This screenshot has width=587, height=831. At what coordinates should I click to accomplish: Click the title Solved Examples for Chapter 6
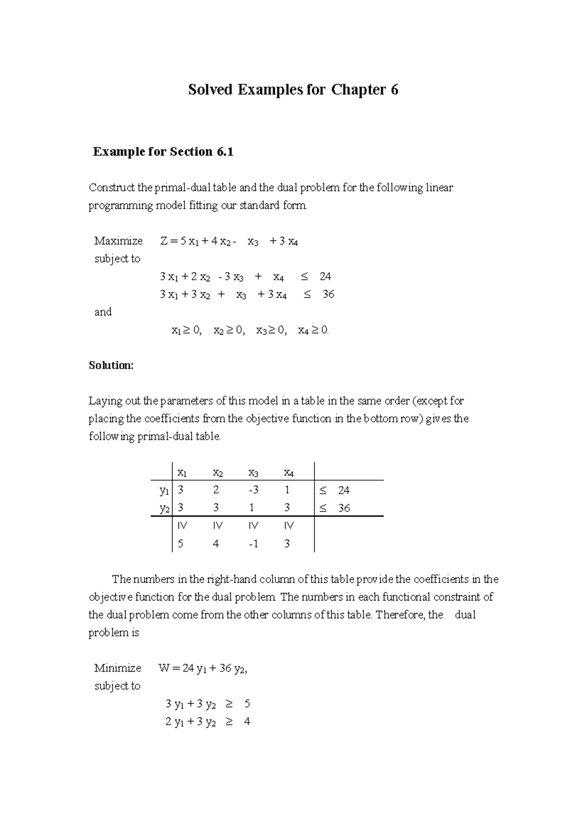(x=293, y=90)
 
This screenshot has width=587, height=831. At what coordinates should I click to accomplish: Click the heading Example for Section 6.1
(x=163, y=152)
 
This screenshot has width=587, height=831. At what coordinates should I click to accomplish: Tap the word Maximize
(x=118, y=241)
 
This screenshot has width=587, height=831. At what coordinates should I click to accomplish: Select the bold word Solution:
(x=111, y=365)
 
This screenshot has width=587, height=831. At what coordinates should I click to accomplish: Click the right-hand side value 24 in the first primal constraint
(x=325, y=277)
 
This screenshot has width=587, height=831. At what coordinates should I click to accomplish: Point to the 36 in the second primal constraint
(x=328, y=294)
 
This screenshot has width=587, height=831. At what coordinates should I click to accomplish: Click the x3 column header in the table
(x=253, y=473)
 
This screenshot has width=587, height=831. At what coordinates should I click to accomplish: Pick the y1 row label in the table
(x=164, y=490)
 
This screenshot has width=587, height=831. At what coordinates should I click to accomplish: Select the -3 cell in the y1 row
(x=253, y=490)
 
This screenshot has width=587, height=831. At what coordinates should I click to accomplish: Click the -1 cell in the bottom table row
(x=253, y=544)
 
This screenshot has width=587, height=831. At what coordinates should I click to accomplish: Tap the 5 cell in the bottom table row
(x=181, y=544)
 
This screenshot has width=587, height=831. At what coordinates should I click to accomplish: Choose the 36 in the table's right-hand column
(x=344, y=508)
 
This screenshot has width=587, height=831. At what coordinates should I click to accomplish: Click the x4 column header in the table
(x=289, y=473)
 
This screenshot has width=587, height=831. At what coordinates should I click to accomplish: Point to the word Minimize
(x=117, y=668)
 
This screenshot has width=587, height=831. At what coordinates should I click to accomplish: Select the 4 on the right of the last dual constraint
(x=247, y=721)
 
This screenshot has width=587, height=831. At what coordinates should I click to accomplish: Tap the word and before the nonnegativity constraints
(x=103, y=312)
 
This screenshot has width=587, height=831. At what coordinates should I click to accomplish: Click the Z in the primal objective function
(x=163, y=241)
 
